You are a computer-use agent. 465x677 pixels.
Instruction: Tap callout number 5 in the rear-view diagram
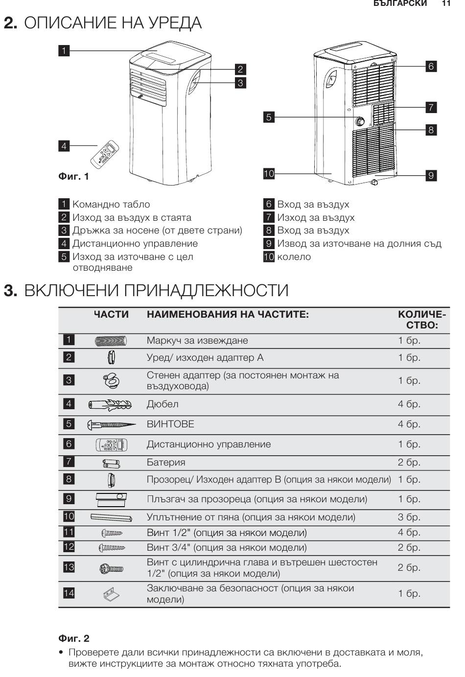268,117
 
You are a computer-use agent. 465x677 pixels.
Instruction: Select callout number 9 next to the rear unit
431,175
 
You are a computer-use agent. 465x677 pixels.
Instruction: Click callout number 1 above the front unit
64,50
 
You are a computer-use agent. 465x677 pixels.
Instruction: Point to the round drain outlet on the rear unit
360,120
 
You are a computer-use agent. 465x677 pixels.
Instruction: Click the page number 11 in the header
445,3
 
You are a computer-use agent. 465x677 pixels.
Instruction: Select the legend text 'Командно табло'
111,205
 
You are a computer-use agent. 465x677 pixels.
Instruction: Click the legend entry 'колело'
294,257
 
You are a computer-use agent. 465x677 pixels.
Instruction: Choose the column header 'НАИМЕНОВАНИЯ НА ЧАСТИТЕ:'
228,315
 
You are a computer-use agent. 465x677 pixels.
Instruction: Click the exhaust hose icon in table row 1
111,341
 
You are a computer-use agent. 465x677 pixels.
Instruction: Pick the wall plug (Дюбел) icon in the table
110,405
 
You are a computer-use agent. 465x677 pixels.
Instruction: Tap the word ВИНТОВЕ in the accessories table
170,424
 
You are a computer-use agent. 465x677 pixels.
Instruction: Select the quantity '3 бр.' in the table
409,517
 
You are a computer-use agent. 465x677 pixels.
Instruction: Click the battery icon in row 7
111,463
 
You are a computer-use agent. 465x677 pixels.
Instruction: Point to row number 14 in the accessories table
69,593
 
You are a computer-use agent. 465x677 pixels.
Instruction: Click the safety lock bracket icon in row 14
111,594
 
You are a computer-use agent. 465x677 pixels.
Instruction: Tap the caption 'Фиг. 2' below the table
74,638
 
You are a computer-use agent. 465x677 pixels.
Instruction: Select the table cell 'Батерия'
166,463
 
